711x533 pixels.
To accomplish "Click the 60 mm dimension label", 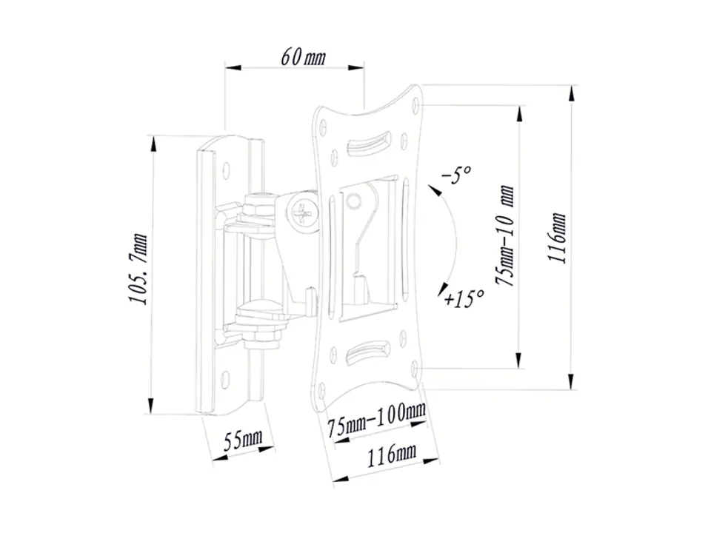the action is pos(303,57).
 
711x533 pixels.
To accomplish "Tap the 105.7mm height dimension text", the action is pos(138,269).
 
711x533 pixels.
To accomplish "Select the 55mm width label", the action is pos(244,440).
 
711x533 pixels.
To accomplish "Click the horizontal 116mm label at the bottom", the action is pos(392,455).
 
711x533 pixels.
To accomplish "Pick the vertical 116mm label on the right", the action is pos(557,237).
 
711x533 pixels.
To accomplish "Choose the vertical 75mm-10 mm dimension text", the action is pos(505,235).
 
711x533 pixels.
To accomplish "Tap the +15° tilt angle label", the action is pos(464,298).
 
